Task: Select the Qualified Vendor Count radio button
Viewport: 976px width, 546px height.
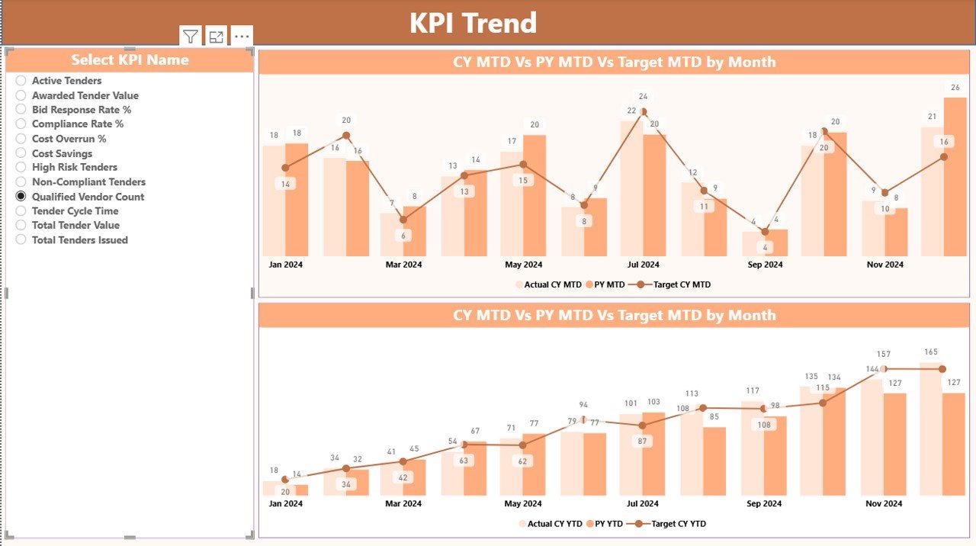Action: tap(21, 197)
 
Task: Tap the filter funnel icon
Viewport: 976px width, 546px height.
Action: tap(191, 37)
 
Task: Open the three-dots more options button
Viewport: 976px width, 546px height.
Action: tap(242, 37)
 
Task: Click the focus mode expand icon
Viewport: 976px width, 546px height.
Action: tap(217, 37)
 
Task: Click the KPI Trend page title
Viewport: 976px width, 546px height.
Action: tap(473, 23)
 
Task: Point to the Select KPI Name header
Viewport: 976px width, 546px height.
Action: tap(130, 59)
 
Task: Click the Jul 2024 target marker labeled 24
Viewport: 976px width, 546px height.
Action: tap(644, 111)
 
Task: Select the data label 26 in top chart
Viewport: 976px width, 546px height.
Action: tap(955, 87)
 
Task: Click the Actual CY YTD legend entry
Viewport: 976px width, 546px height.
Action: tap(553, 524)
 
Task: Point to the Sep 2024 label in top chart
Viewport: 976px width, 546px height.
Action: tap(764, 265)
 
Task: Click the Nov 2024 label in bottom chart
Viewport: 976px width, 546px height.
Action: tap(884, 503)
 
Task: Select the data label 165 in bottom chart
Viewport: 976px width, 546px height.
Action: tap(931, 352)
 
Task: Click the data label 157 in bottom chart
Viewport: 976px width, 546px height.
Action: tap(884, 355)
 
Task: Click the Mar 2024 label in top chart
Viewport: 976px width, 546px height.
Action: tap(403, 265)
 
